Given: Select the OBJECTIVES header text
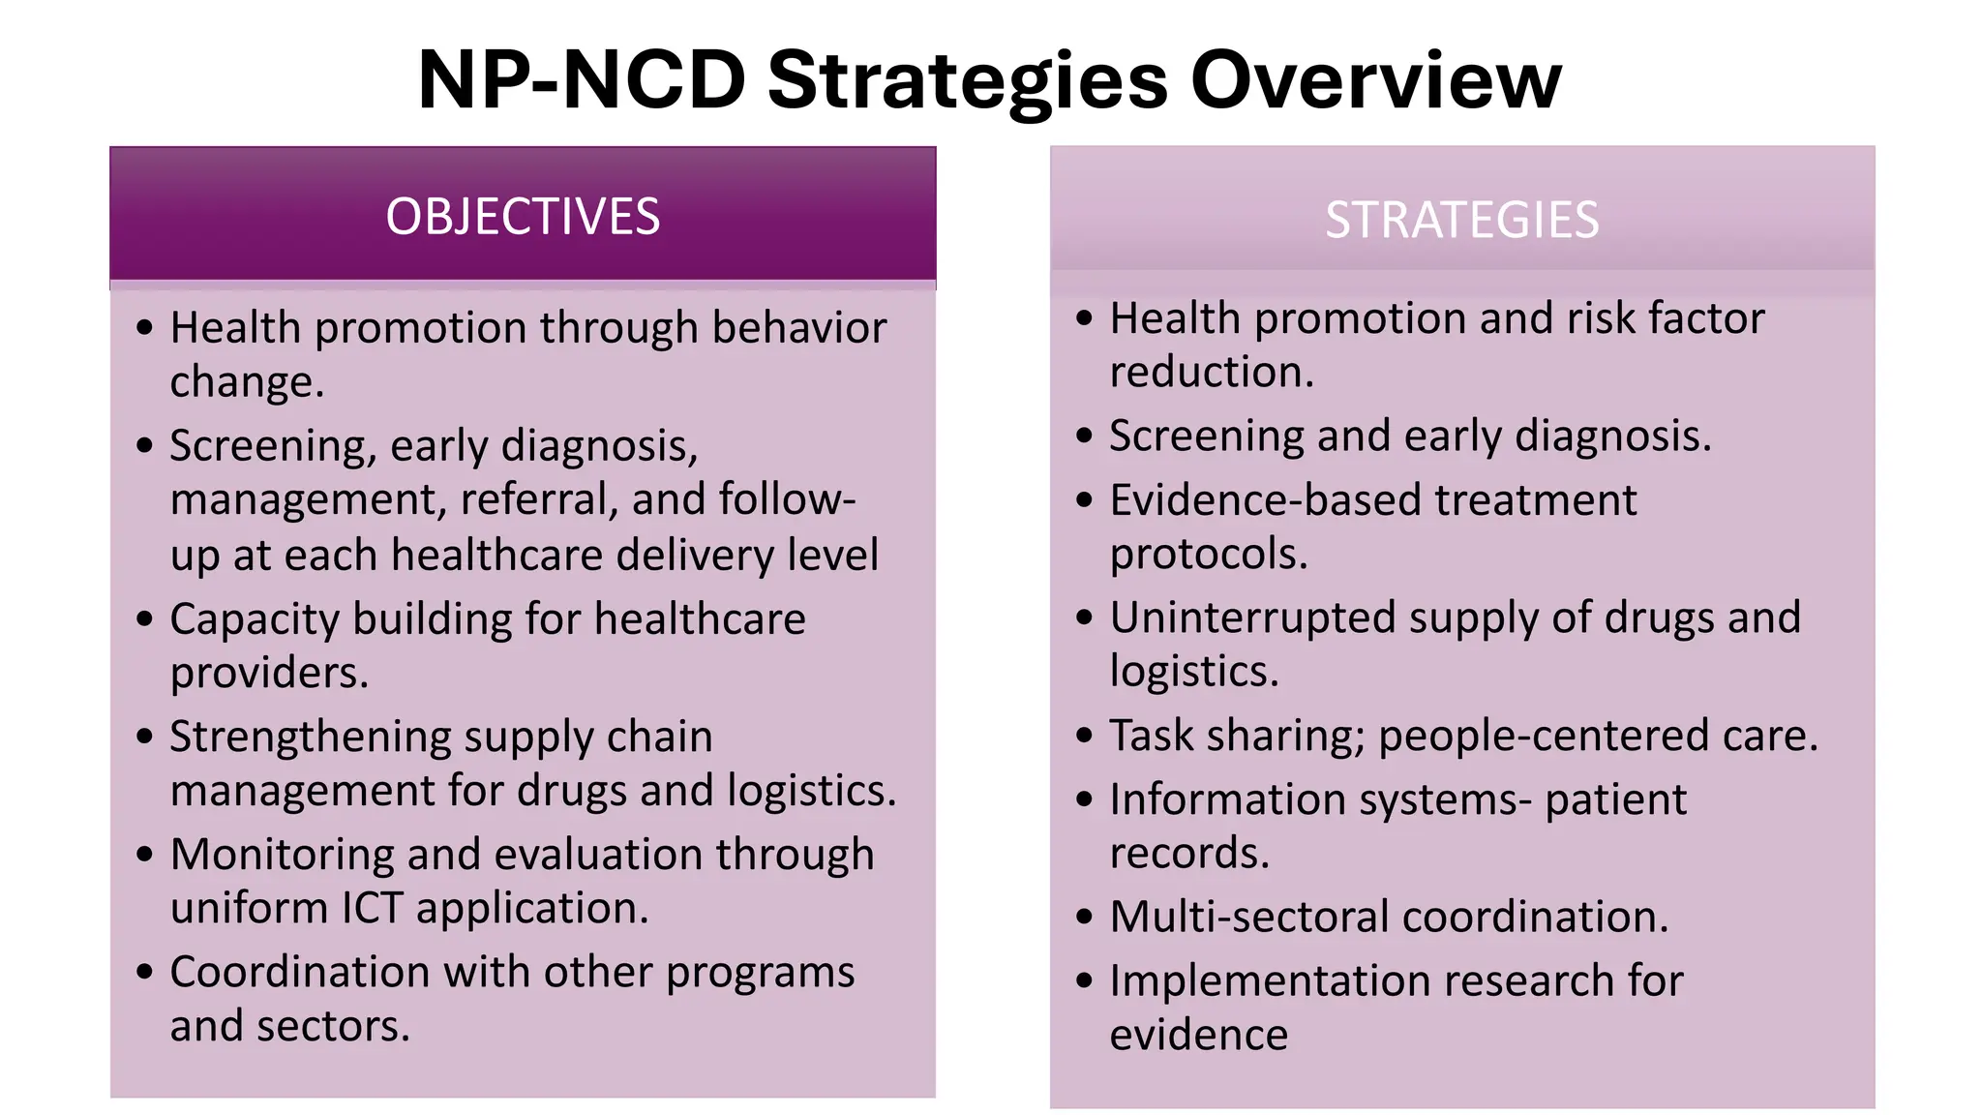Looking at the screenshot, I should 523,216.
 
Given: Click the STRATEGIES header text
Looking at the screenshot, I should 1461,220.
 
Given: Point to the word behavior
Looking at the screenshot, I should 799,328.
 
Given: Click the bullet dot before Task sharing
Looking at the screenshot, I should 1084,736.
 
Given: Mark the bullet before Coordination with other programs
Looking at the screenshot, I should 145,972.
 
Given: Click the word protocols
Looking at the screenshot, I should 1208,555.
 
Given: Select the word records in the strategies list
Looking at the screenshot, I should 1188,854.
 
